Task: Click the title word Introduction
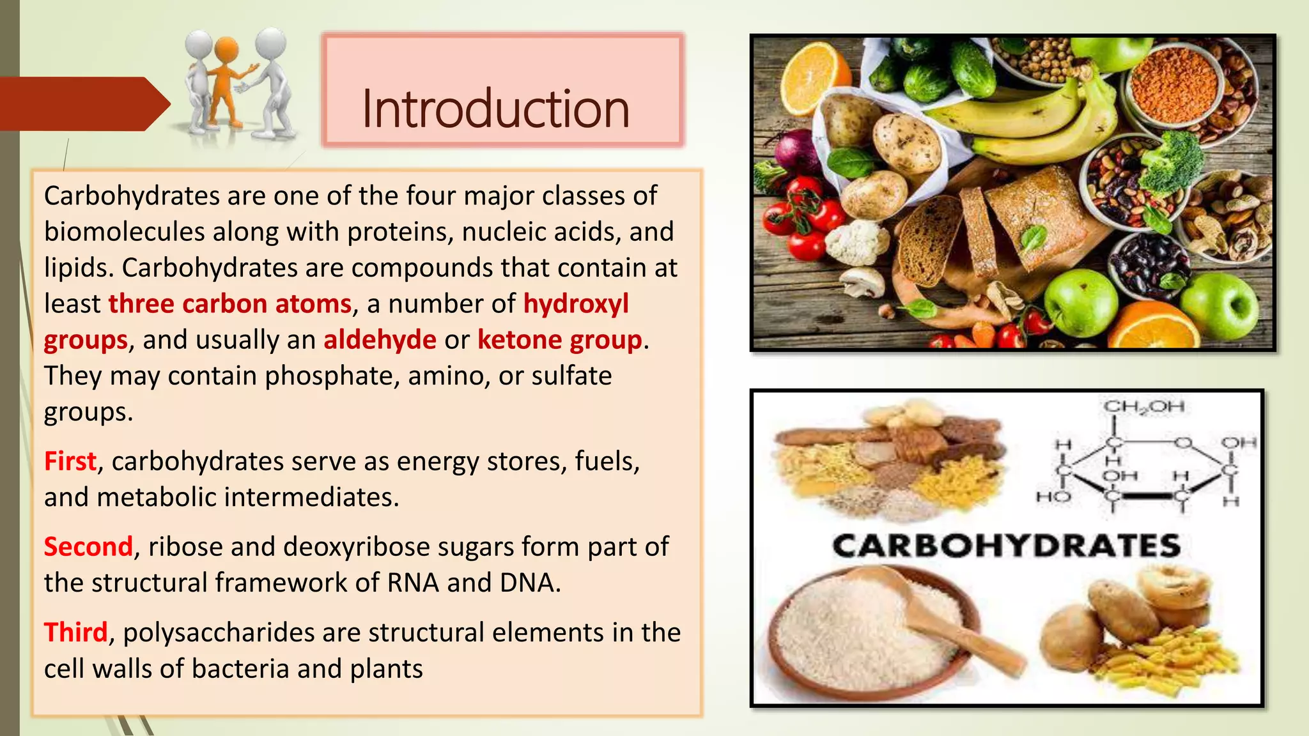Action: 495,109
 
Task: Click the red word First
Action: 70,461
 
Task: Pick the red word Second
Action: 88,547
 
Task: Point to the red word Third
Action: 75,632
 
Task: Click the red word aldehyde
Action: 380,340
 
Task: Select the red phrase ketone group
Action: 559,340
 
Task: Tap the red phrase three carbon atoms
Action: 230,304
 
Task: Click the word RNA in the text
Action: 412,583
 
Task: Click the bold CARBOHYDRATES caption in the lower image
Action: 1006,546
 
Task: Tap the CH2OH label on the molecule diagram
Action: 1143,406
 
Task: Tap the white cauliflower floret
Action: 856,241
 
